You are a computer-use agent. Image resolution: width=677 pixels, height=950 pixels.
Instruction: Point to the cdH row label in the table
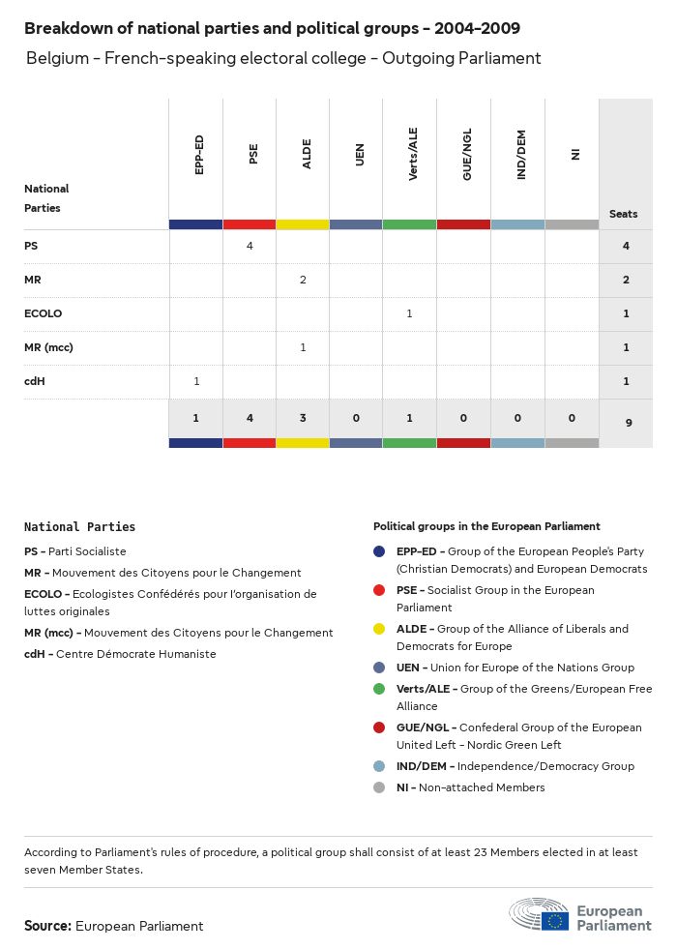click(x=35, y=381)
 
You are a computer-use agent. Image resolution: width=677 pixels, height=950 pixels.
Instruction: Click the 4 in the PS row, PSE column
click(x=250, y=246)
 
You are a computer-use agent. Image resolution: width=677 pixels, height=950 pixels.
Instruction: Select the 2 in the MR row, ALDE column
click(x=303, y=280)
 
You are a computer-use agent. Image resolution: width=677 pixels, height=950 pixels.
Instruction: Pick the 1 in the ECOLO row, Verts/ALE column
click(x=410, y=313)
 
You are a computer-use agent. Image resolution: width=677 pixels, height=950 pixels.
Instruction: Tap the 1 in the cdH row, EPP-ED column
click(x=196, y=381)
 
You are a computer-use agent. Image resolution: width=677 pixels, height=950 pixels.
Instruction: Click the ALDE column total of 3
click(x=303, y=418)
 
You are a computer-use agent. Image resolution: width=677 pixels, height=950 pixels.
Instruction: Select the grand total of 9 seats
click(x=626, y=422)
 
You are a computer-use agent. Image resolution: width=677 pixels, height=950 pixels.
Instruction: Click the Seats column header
click(x=623, y=214)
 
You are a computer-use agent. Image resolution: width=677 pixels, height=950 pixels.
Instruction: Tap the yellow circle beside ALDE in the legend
click(x=380, y=629)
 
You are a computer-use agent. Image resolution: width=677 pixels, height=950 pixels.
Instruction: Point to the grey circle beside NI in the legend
click(x=380, y=787)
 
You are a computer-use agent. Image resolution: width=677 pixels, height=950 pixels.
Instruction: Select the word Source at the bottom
click(x=47, y=926)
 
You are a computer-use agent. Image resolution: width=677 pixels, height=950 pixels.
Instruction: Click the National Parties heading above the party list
click(x=79, y=527)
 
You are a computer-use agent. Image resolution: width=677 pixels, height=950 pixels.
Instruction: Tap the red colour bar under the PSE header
click(x=250, y=224)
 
